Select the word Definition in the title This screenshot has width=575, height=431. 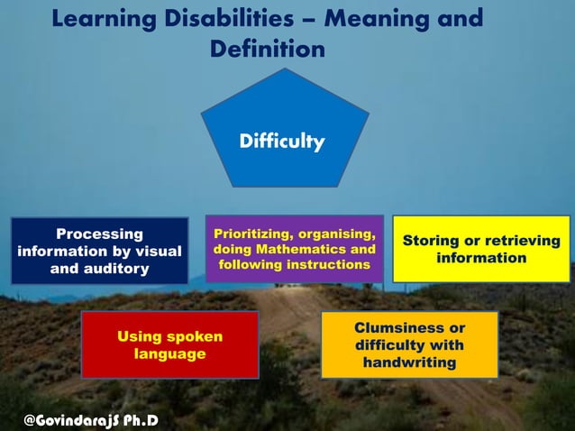click(x=267, y=49)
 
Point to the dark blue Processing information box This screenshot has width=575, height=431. click(x=99, y=251)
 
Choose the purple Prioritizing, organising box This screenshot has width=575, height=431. click(x=294, y=249)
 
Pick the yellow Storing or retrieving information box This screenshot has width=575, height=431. click(x=481, y=250)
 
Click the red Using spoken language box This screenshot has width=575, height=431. click(x=169, y=345)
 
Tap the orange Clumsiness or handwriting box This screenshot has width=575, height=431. click(x=409, y=345)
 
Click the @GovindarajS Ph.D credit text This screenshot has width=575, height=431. click(x=91, y=418)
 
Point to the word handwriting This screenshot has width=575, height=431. click(x=409, y=362)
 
